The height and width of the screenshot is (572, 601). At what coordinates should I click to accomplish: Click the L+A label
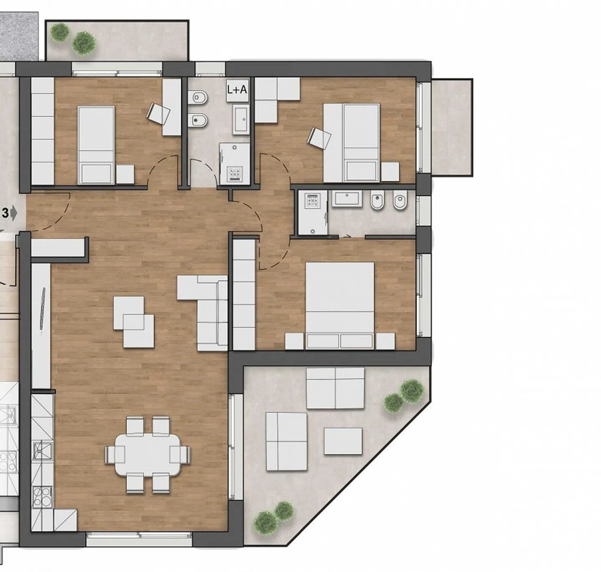(237, 89)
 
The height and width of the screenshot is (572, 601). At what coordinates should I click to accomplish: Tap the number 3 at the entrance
(5, 213)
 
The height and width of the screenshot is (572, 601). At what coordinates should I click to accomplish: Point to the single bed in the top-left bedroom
(96, 144)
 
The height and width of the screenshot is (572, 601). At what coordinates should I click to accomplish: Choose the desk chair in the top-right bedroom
(319, 137)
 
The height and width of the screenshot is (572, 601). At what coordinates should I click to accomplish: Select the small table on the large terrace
(343, 441)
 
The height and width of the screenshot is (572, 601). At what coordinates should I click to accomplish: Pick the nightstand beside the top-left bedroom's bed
(125, 175)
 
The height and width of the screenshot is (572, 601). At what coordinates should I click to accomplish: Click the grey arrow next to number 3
(14, 213)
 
